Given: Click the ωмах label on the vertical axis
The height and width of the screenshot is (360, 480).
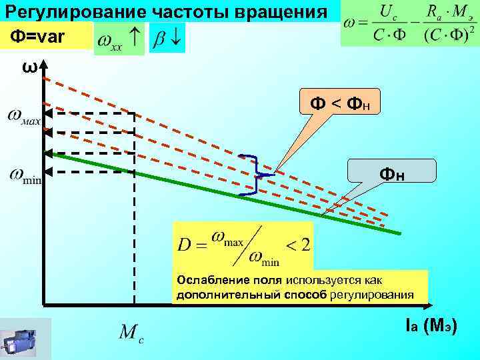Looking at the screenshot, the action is [24, 117].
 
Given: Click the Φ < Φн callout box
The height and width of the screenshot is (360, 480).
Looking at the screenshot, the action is [340, 103].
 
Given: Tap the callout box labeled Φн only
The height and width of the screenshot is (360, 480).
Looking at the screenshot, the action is [393, 174].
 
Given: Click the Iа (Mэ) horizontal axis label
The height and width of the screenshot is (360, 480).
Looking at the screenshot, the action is [430, 327].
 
